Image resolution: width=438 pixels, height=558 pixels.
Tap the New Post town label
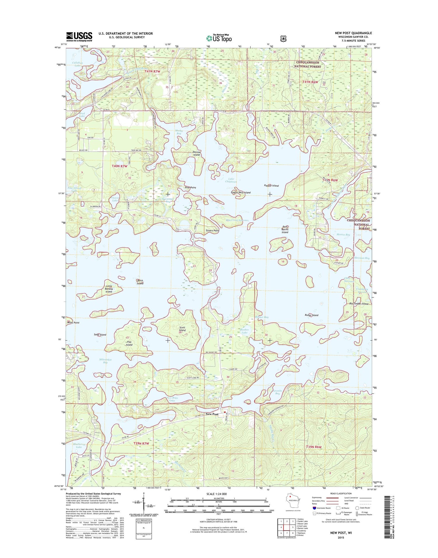[212, 414]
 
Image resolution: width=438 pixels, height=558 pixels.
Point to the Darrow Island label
[197, 154]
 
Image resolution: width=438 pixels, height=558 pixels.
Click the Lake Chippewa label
[231, 180]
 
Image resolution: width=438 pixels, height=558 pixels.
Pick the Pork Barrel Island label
[285, 229]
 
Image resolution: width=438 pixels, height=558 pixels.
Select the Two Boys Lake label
[172, 399]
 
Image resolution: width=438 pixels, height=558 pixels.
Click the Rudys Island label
[311, 315]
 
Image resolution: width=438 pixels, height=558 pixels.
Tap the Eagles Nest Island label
[241, 193]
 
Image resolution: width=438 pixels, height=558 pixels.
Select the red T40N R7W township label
[119, 166]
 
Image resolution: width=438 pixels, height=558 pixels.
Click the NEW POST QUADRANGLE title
[353, 33]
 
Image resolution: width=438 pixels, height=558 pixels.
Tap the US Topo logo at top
[219, 38]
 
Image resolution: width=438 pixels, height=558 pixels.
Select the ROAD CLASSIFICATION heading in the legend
[341, 494]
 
